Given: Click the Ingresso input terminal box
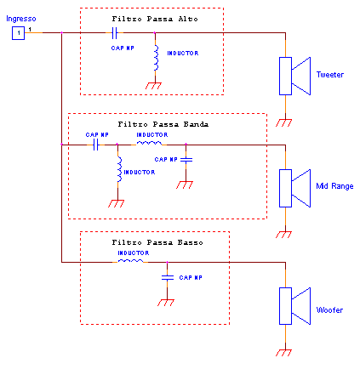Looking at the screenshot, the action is (x=18, y=33).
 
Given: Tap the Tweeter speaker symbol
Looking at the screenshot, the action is (x=294, y=76).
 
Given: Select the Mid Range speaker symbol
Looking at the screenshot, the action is (x=294, y=188).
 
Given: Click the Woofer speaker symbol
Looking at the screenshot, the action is (x=294, y=306).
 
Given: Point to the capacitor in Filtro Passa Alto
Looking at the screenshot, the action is (x=114, y=33).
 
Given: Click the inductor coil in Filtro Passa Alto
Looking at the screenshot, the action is (x=156, y=58).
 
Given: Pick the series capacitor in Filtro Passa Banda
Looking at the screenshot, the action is (x=96, y=145).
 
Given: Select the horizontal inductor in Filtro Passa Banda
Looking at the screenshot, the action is (x=150, y=144).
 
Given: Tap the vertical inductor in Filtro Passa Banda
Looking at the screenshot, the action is (x=119, y=169).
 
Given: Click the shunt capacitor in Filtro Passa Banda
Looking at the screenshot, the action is (x=186, y=160).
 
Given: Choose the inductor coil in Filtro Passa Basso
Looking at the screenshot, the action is (x=130, y=261).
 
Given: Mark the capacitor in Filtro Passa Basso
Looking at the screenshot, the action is (x=168, y=278).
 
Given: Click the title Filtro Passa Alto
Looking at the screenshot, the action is (x=155, y=19).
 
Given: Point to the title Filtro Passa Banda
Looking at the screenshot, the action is (x=163, y=124).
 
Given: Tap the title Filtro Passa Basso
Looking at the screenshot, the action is (x=157, y=242).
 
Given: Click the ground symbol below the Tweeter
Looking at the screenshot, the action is (x=284, y=122).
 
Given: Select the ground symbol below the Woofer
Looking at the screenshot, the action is (x=284, y=353).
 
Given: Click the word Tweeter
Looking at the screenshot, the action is (x=330, y=75).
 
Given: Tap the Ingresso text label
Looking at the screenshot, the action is (x=21, y=19).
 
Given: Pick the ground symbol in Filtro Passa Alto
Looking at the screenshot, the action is (x=153, y=86).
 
